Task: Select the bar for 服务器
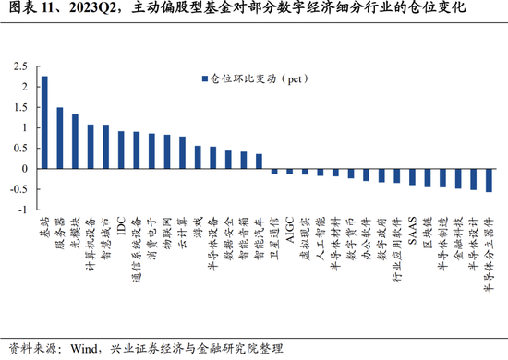click(60, 138)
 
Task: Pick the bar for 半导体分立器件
click(489, 180)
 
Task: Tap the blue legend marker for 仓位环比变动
click(205, 78)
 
